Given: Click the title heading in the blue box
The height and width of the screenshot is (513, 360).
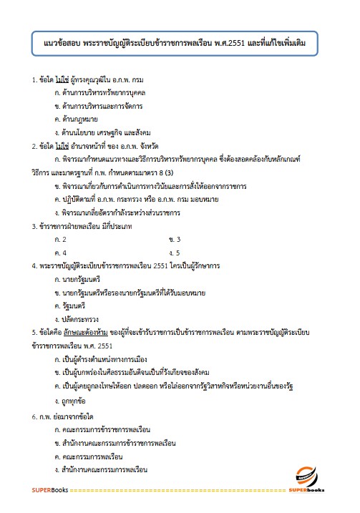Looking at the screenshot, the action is (180, 44).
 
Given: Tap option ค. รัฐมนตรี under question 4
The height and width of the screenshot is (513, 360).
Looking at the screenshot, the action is (74, 306).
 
